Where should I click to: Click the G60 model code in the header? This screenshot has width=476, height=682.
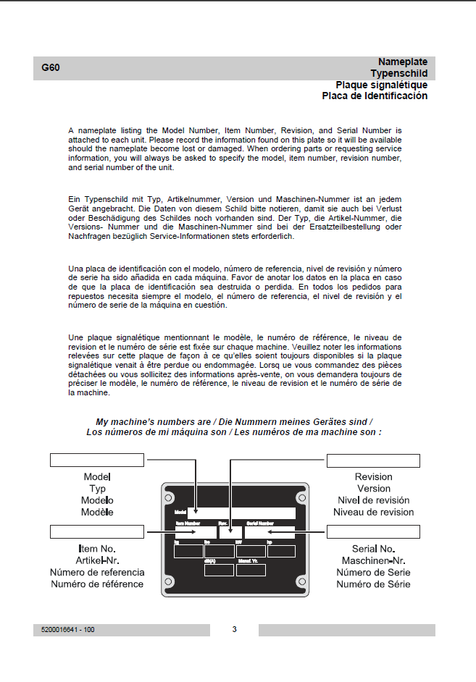(x=51, y=68)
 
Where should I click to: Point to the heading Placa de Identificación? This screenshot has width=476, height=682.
(x=375, y=96)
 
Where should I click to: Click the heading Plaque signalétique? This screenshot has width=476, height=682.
(x=376, y=85)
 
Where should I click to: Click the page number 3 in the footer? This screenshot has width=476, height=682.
(x=234, y=629)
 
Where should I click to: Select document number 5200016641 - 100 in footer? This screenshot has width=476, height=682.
(x=64, y=630)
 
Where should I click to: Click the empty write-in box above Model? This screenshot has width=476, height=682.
(x=97, y=461)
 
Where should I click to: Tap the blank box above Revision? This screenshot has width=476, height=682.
(x=373, y=461)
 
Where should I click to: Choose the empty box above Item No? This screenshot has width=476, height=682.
(x=97, y=533)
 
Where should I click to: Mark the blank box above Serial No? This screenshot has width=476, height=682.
(x=373, y=533)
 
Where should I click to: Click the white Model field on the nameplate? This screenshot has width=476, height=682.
(x=241, y=513)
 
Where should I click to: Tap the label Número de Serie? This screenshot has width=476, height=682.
(x=373, y=573)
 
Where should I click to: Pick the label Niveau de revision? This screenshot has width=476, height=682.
(x=373, y=512)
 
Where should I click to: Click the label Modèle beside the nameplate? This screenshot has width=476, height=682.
(x=97, y=512)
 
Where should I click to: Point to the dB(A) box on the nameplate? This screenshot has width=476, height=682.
(x=219, y=570)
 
